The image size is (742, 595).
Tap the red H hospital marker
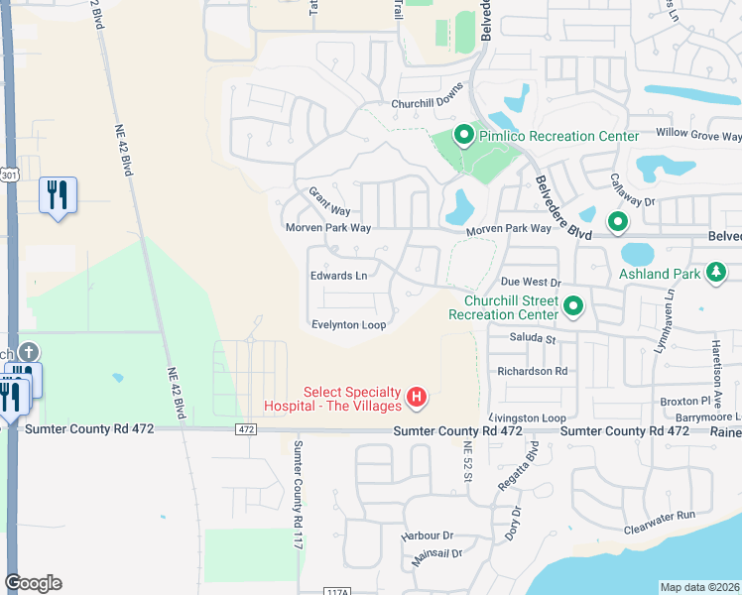pyautogui.click(x=418, y=398)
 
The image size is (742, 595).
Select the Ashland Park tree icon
pyautogui.click(x=714, y=273)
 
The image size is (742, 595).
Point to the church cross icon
pyautogui.click(x=29, y=352)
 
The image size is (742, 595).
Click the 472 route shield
pyautogui.click(x=247, y=429)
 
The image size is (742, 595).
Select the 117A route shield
pyautogui.click(x=337, y=590)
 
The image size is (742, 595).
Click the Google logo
pyautogui.click(x=33, y=583)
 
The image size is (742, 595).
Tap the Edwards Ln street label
pyautogui.click(x=338, y=276)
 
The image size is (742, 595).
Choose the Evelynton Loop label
pyautogui.click(x=348, y=324)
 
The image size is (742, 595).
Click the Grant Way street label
pyautogui.click(x=329, y=201)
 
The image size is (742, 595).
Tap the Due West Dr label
pyautogui.click(x=531, y=283)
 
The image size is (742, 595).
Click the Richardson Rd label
pyautogui.click(x=533, y=371)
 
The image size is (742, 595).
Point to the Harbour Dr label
pyautogui.click(x=427, y=535)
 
